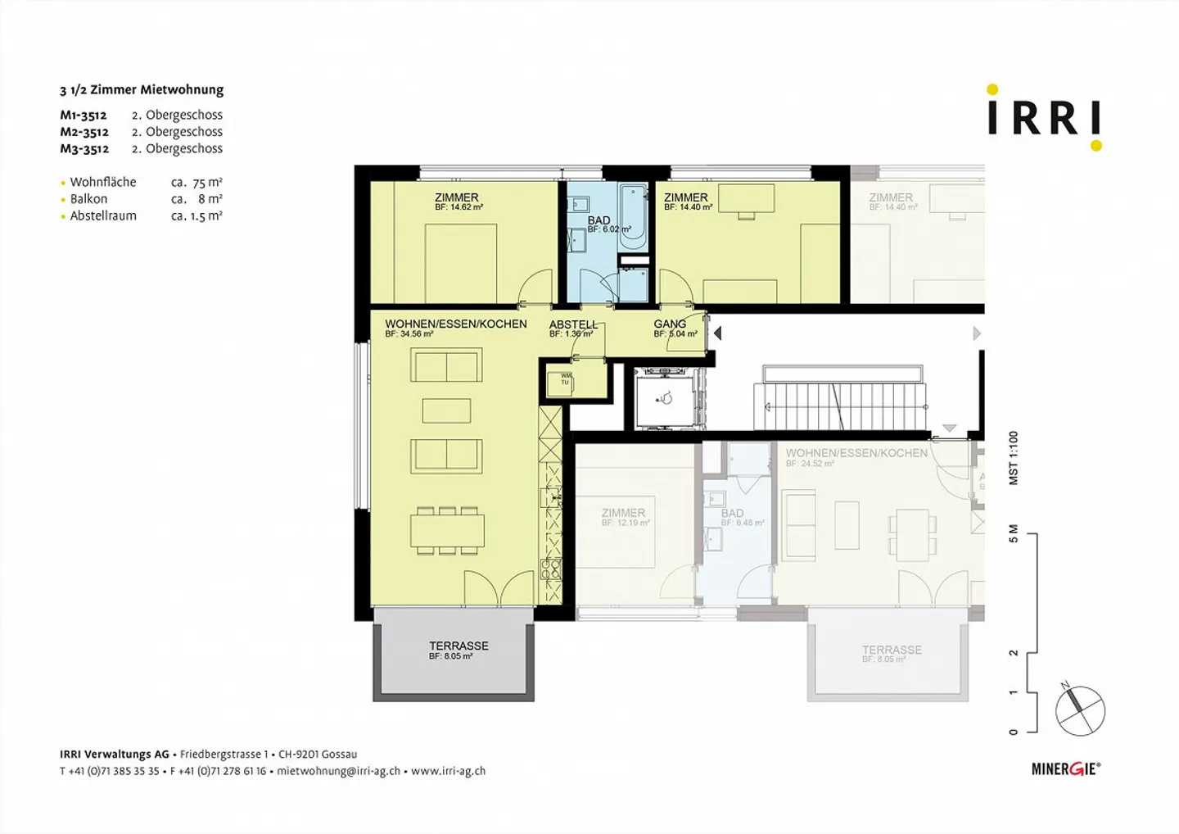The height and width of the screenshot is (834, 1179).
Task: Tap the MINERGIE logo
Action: point(1065,768)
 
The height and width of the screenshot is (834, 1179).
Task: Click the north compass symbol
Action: point(1080,709)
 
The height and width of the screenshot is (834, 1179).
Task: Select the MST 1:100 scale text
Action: point(1013,458)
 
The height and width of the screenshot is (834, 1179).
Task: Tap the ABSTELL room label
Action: point(573,324)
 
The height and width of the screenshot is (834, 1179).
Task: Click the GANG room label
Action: point(670,324)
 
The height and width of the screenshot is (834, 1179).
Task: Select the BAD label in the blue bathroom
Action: point(599,220)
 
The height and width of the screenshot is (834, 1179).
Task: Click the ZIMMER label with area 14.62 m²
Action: point(457,197)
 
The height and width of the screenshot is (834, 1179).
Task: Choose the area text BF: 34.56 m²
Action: point(409,334)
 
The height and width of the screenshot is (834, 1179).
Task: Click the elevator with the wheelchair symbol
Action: point(664,399)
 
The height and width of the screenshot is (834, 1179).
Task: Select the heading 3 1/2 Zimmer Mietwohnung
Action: point(142,90)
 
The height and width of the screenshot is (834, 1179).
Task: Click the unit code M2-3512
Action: point(84,132)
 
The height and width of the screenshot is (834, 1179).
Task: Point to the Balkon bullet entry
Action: point(88,199)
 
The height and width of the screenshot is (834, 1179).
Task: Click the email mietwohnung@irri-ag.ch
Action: point(338,771)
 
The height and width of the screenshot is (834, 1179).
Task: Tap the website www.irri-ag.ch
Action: point(448,771)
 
